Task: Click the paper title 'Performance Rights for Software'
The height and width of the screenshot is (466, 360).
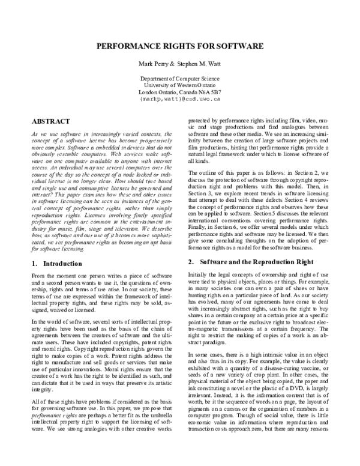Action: (180, 46)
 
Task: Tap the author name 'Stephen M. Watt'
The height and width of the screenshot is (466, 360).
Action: (202, 64)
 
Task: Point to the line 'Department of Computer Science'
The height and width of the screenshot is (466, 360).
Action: (180, 79)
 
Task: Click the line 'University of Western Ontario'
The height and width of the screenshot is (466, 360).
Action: (180, 85)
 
